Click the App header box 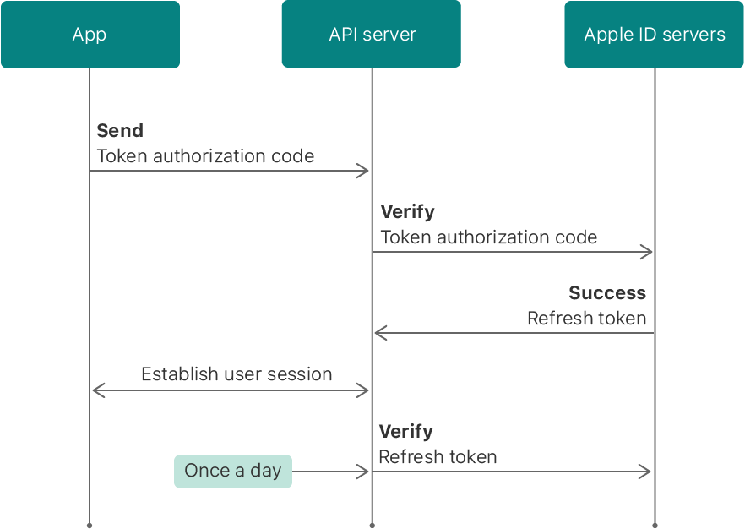90,35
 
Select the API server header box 372,35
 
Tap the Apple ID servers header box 654,35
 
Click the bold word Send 120,131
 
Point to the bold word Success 607,293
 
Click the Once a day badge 233,472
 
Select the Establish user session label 237,374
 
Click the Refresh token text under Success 586,319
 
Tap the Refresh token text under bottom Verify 438,457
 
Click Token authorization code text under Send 205,156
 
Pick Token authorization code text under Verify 489,237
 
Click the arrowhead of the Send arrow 364,172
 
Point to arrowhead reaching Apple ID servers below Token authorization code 647,252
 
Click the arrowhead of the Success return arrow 380,333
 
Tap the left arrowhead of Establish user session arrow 97,390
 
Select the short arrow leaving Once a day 329,472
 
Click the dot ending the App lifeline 89,525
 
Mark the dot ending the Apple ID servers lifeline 655,525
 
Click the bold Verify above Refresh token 406,432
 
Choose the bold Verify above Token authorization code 408,212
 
